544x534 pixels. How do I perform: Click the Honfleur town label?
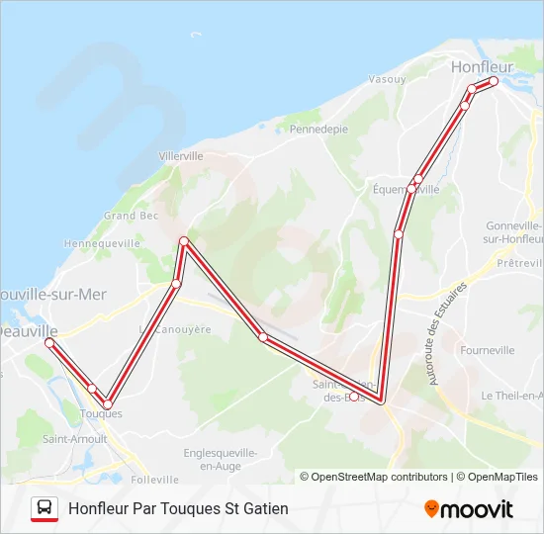(482, 67)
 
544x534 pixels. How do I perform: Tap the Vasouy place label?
(387, 79)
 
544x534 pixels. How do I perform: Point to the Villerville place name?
(181, 156)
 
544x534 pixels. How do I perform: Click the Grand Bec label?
(132, 216)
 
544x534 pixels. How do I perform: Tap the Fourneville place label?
(488, 350)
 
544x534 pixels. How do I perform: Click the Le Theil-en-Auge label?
(511, 395)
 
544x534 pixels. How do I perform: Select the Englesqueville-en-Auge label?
(221, 458)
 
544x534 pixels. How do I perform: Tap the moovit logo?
(469, 509)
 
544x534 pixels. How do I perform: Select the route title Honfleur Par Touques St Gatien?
(179, 508)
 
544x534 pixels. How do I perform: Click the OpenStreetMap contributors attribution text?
(374, 477)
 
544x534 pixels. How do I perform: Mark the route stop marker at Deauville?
(49, 342)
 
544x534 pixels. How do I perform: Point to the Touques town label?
(101, 414)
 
